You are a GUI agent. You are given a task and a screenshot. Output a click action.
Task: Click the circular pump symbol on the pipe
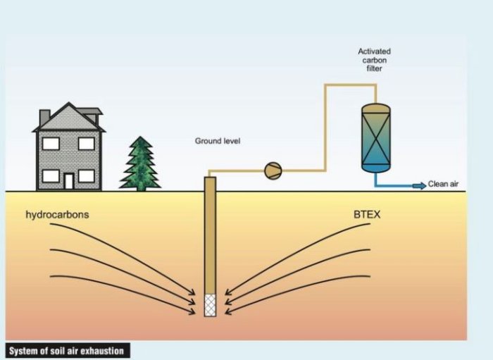[273, 170]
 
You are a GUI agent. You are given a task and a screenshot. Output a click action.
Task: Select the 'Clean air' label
[444, 185]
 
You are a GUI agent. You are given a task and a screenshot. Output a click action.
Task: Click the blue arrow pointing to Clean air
[418, 185]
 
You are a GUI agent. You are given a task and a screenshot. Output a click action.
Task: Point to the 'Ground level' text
[218, 142]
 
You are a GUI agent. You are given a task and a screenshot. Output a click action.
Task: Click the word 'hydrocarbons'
[57, 214]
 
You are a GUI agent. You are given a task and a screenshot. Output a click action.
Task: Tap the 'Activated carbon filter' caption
[374, 61]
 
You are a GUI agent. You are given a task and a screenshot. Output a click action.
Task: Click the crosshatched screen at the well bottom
[210, 305]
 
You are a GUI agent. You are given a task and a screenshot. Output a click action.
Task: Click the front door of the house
[69, 181]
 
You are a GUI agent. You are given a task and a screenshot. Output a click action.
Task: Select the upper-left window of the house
[51, 144]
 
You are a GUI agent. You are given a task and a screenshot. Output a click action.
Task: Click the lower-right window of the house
[86, 175]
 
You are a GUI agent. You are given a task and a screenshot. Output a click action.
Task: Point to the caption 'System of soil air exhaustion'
[66, 350]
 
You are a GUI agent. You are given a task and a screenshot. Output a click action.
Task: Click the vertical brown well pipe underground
[210, 240]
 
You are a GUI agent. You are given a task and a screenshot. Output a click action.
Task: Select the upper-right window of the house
[86, 144]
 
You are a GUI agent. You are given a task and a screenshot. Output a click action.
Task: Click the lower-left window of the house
[51, 175]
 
